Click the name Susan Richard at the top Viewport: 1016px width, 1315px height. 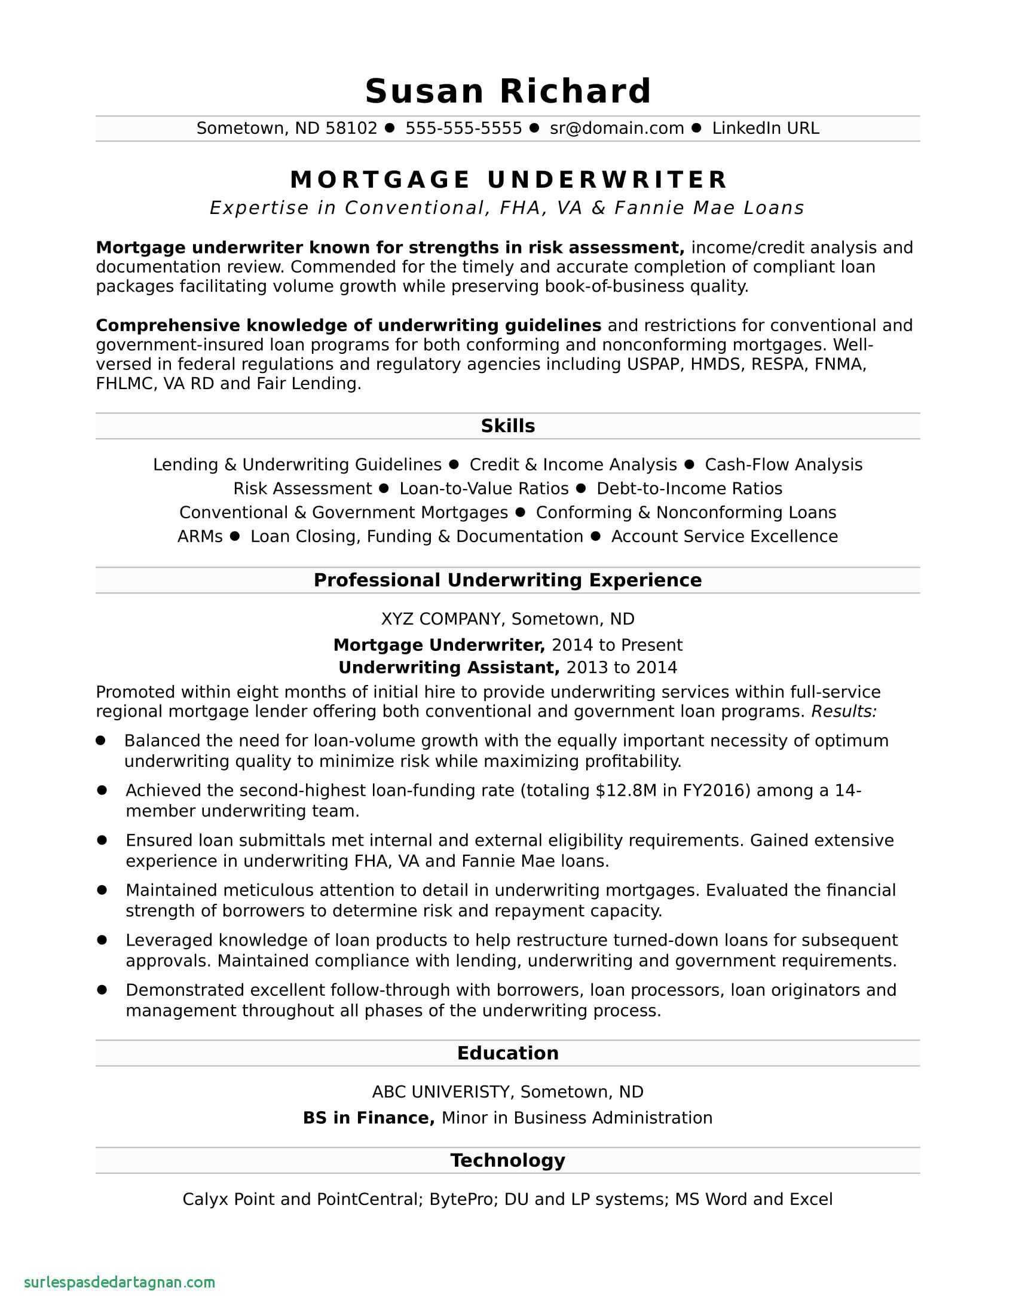point(508,91)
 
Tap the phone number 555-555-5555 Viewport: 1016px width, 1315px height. point(463,129)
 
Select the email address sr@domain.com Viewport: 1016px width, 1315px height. point(617,129)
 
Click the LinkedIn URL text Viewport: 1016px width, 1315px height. point(766,129)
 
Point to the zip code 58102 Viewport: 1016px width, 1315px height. point(351,129)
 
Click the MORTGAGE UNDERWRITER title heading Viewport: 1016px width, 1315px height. point(509,180)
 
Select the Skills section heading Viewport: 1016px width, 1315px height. point(508,426)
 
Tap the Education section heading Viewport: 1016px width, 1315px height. point(508,1053)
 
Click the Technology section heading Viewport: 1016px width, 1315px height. point(508,1160)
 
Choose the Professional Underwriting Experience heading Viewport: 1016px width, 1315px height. point(508,580)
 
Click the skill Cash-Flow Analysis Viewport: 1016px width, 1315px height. point(784,465)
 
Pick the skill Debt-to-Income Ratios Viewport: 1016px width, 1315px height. point(689,488)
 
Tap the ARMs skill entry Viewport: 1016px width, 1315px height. point(200,537)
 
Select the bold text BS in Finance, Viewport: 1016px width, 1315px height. point(368,1118)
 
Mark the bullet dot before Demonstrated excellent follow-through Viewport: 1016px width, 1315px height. point(102,989)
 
